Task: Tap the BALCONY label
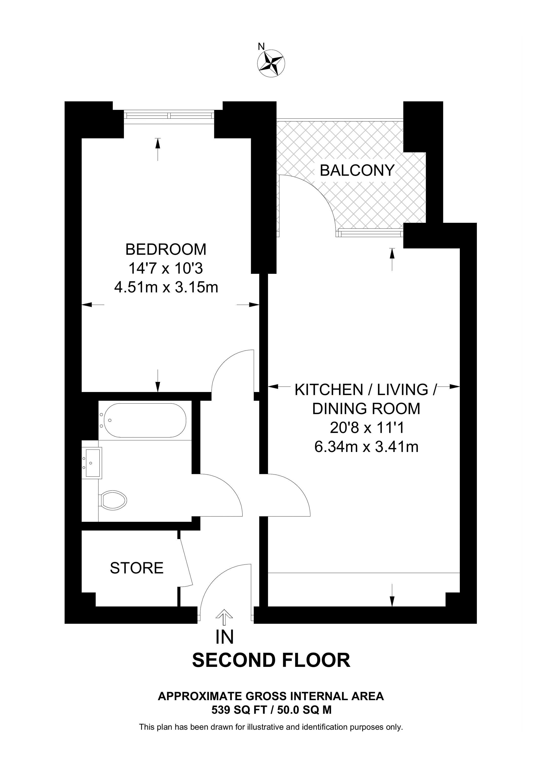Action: tap(357, 170)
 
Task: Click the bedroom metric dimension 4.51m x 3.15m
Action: tap(166, 287)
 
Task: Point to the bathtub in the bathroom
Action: tap(145, 420)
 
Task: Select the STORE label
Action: tap(136, 568)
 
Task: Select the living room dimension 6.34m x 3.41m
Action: tap(366, 447)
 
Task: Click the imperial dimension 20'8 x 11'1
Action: tap(366, 428)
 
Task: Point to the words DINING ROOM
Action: tap(366, 409)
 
